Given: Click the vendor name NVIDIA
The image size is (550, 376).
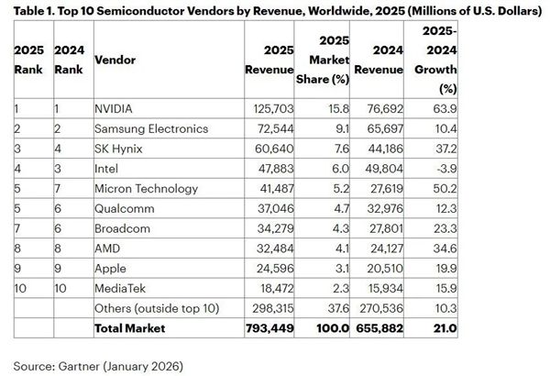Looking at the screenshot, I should [x=115, y=107].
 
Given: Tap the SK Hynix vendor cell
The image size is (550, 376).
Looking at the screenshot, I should [x=119, y=149].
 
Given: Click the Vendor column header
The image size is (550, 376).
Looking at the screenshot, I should [x=115, y=59].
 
